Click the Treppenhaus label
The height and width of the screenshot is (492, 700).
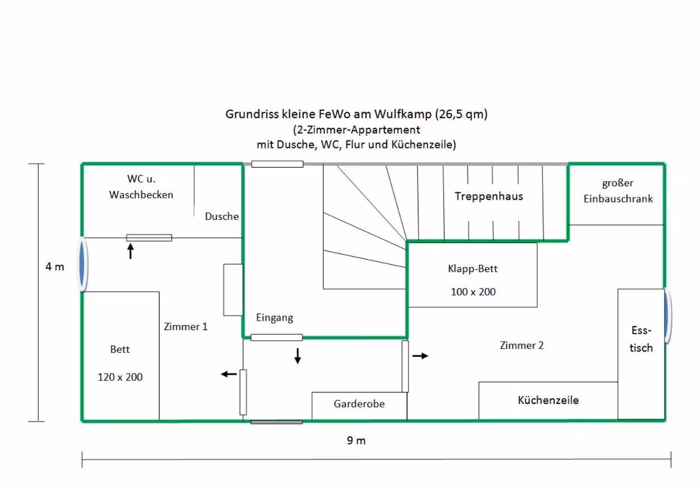[x=489, y=197]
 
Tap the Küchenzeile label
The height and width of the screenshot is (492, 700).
[x=548, y=400]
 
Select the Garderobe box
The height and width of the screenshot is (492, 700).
[x=359, y=406]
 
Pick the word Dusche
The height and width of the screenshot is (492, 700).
[x=222, y=216]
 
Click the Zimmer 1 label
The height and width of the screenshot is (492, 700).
[x=186, y=327]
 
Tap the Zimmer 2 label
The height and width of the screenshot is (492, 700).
[x=522, y=345]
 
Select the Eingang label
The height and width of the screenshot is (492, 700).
[x=274, y=318]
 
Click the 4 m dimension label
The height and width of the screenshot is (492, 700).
[x=55, y=267]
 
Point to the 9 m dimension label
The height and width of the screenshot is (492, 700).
[x=356, y=440]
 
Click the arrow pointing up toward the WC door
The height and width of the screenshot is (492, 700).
[x=131, y=251]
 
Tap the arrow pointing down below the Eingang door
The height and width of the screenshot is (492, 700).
[x=298, y=356]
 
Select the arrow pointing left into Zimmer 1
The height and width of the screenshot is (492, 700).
[x=229, y=374]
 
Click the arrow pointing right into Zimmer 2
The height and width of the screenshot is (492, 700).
[x=420, y=356]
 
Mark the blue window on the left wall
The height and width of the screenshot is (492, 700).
[x=82, y=265]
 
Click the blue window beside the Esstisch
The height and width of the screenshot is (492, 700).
[x=667, y=316]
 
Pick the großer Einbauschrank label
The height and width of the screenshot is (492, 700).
[x=618, y=191]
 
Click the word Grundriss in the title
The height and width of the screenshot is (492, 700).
[x=252, y=114]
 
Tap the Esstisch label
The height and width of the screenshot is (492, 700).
[x=641, y=339]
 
